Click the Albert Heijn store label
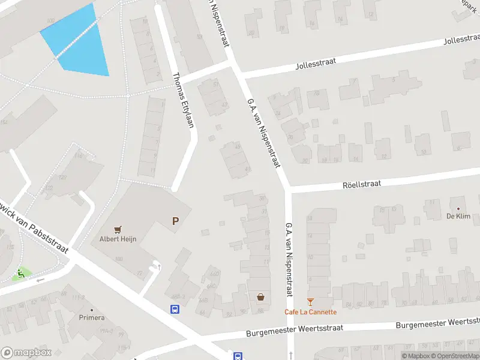click(118, 239)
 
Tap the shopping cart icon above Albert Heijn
click(118, 229)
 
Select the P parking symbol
click(175, 221)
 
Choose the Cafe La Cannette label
click(310, 312)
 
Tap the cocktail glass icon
click(310, 302)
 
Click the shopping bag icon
click(260, 296)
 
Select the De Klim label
click(458, 216)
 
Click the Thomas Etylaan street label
click(184, 100)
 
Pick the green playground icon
click(22, 274)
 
